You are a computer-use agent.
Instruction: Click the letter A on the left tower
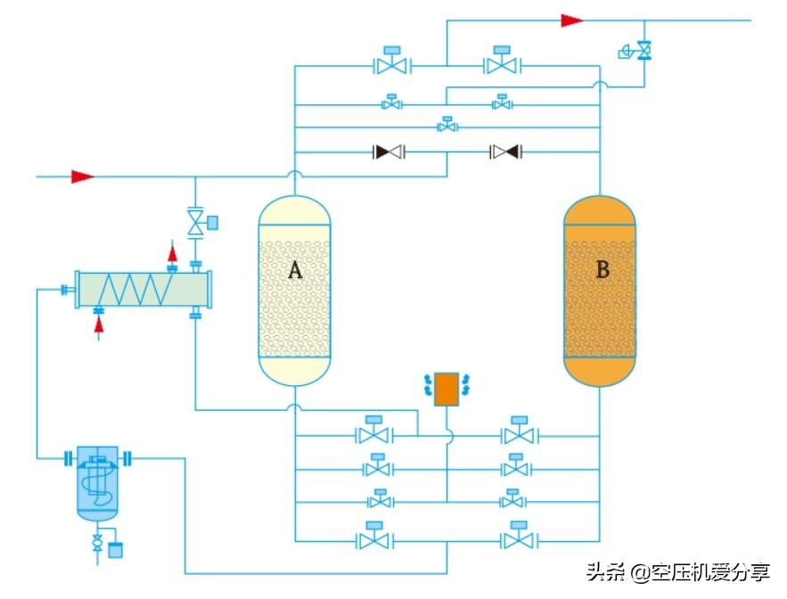[x=294, y=271]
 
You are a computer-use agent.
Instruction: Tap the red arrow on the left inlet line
[x=83, y=176]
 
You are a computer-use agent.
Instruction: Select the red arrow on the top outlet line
[x=572, y=21]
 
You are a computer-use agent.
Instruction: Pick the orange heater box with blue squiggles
[x=446, y=390]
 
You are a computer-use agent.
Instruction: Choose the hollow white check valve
[x=505, y=152]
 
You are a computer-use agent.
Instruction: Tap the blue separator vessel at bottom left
[x=97, y=482]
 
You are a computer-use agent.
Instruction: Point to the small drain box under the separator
[x=115, y=549]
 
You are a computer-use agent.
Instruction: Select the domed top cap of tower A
[x=294, y=210]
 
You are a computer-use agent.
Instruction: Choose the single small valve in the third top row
[x=447, y=127]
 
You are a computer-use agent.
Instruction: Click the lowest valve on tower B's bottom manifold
[x=515, y=538]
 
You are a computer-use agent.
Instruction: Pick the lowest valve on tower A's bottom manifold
[x=374, y=538]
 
